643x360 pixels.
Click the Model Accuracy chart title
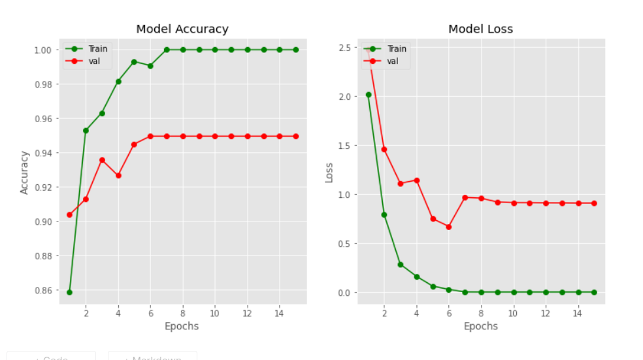tap(182, 29)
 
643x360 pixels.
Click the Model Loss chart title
tap(480, 29)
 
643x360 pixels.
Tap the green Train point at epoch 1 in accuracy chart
tap(69, 292)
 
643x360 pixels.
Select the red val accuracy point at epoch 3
tap(102, 160)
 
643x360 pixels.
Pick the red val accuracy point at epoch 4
tap(118, 176)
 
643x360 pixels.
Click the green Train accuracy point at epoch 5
tap(134, 61)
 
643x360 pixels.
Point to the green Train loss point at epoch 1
tap(369, 95)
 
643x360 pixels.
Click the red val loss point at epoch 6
tap(449, 227)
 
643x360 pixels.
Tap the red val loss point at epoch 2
tap(384, 150)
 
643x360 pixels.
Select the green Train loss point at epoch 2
tap(384, 214)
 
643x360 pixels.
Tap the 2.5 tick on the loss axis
tap(345, 48)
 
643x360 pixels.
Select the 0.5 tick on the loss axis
tap(345, 244)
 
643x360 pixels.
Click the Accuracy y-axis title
tap(25, 172)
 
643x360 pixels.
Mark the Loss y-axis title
tap(329, 172)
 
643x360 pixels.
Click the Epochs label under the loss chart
tap(480, 326)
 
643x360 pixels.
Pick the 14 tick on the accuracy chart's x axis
tap(280, 313)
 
